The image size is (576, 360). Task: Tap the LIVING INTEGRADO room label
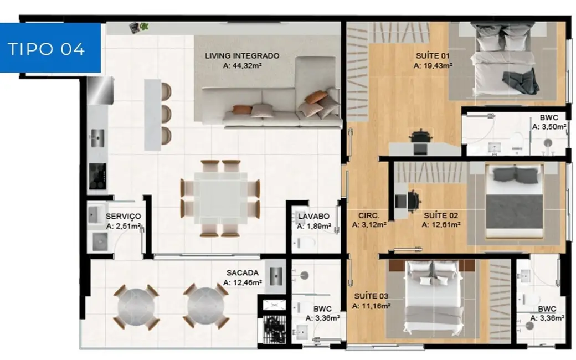click(x=241, y=56)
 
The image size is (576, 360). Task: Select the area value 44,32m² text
click(x=241, y=65)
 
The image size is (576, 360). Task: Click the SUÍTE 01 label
click(x=432, y=56)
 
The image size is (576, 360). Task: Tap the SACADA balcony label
click(x=241, y=273)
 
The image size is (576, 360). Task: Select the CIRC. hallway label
click(x=368, y=215)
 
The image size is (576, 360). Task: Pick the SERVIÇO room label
click(x=123, y=216)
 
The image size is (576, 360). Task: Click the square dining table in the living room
click(x=220, y=198)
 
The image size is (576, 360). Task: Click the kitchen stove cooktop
click(x=97, y=176)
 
